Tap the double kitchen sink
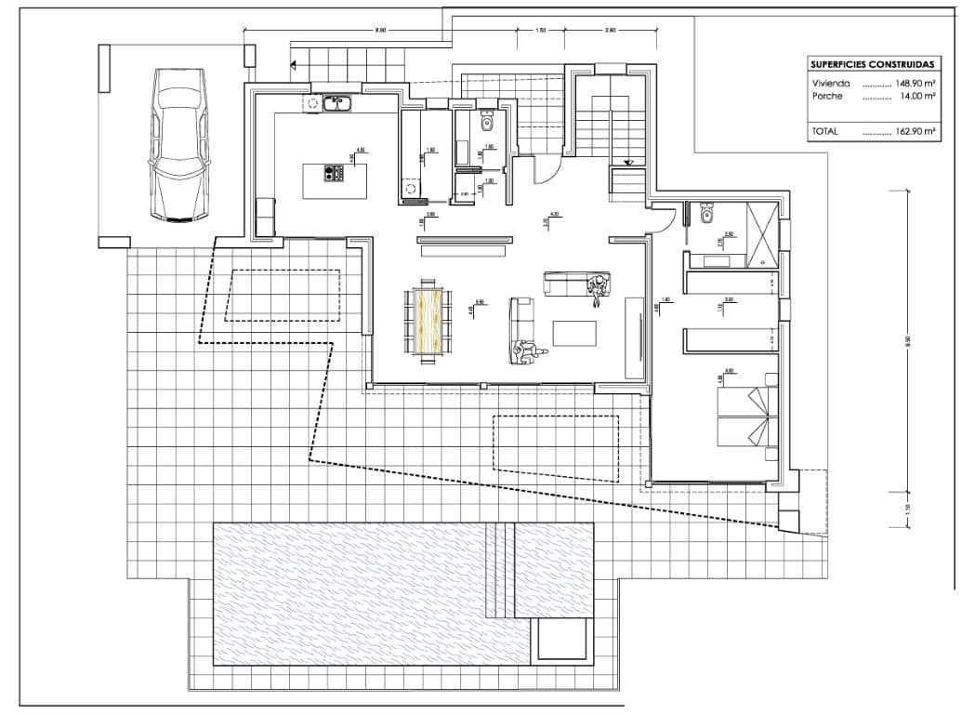tap(337, 103)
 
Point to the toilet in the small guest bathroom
tap(487, 124)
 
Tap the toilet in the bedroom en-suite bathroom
tap(707, 215)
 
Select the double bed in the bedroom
tap(744, 416)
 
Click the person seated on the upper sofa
tap(598, 287)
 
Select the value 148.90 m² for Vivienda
tap(915, 83)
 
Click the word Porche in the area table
tap(826, 96)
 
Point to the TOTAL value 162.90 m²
tap(915, 132)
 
